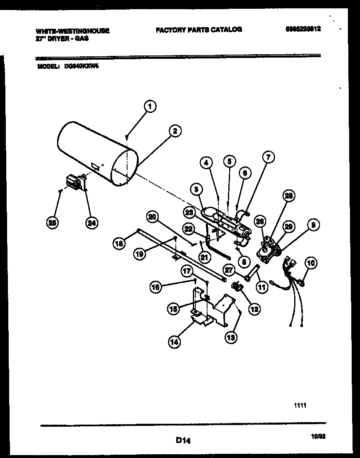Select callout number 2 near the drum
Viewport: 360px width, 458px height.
point(175,131)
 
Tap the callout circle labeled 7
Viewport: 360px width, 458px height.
point(268,157)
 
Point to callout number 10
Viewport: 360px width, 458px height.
point(311,263)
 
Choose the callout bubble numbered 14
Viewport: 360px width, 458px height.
point(175,342)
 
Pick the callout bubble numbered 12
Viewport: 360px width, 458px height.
point(254,309)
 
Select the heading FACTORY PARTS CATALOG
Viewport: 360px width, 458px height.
point(199,30)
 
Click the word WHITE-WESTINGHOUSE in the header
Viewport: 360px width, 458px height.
point(72,31)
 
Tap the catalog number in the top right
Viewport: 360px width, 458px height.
point(303,30)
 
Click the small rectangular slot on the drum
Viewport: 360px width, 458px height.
point(95,167)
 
